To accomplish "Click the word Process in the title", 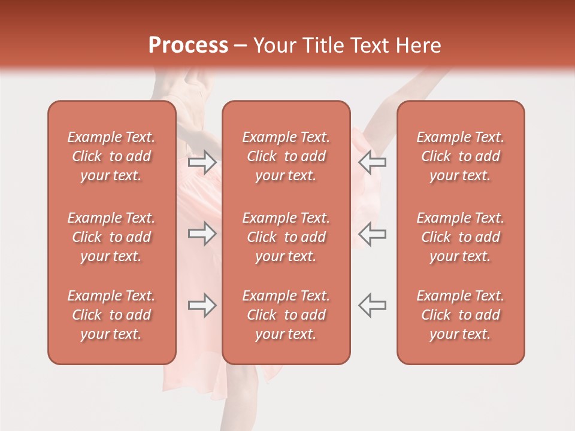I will tap(188, 45).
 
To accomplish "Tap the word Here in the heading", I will tap(418, 45).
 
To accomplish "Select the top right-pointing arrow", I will tap(202, 162).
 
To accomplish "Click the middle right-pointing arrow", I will tap(202, 233).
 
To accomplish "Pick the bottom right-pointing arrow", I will tap(202, 305).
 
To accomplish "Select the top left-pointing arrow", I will tap(372, 162).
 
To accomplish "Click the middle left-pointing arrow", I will tap(372, 233).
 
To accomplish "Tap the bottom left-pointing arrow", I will tap(372, 305).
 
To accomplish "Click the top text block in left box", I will tap(111, 156).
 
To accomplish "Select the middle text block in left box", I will tap(111, 237).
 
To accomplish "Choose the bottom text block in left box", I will tap(111, 315).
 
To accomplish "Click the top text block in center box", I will tap(286, 156).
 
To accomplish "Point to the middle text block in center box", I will tap(286, 237).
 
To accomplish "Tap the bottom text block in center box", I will tap(286, 315).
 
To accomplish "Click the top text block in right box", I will tap(461, 156).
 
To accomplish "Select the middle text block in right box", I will tap(461, 237).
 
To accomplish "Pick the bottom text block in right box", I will tap(461, 315).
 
